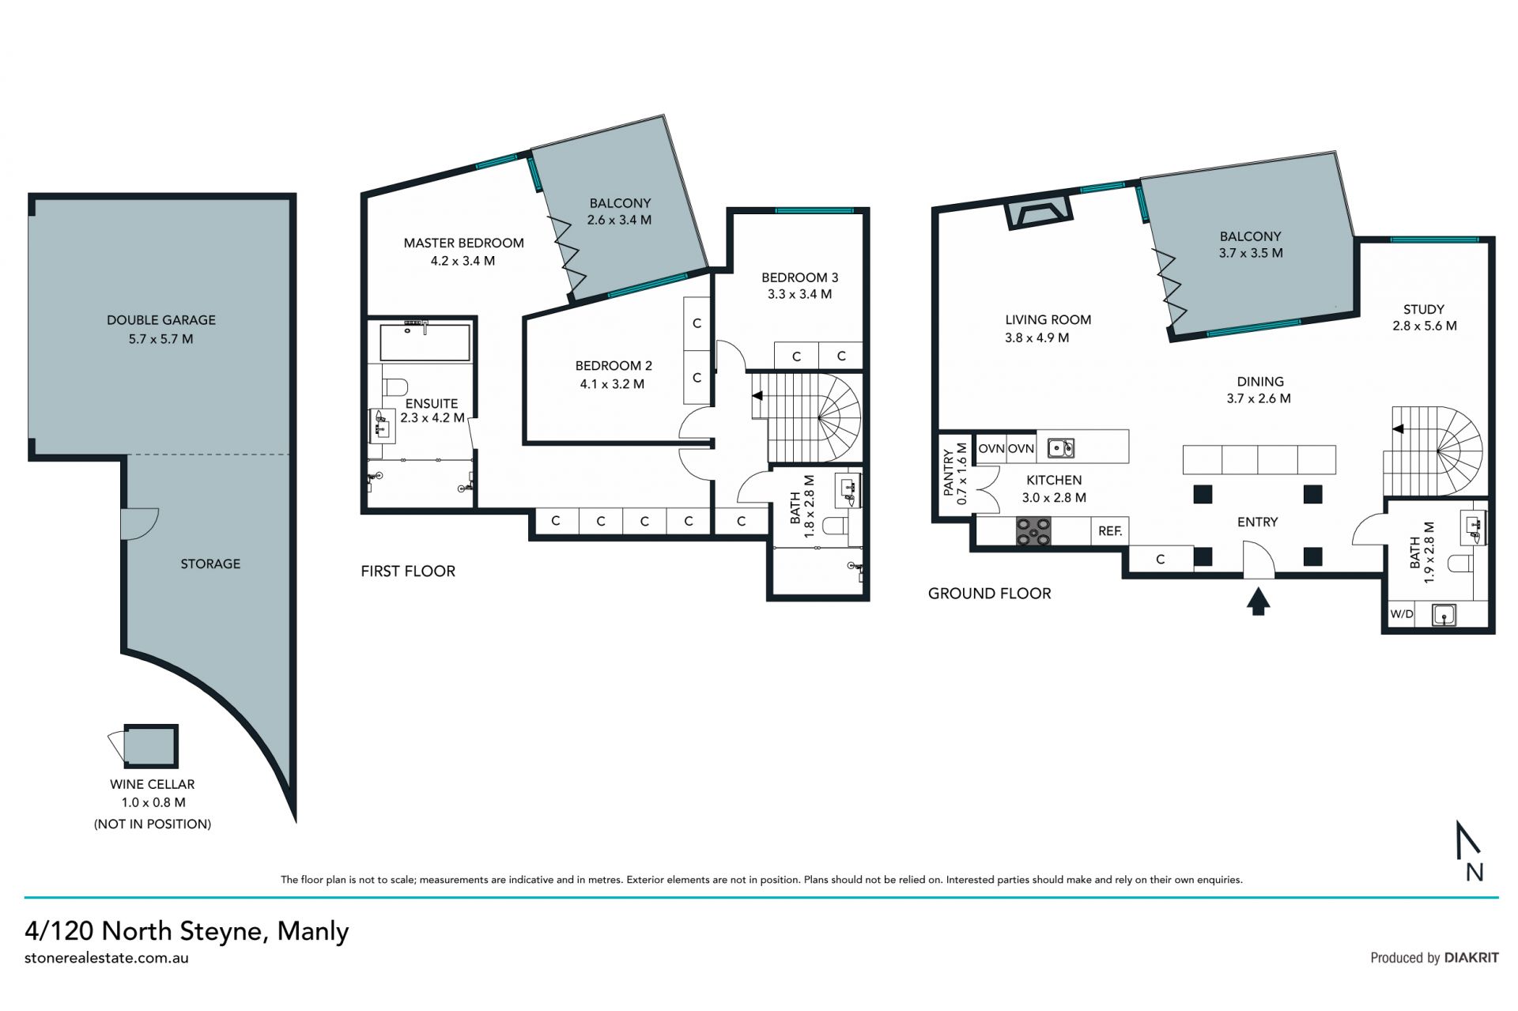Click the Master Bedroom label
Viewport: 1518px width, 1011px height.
463,243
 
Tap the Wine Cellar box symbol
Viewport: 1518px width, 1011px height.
150,745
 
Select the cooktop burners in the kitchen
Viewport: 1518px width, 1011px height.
1033,530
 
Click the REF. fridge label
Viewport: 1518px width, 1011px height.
1110,531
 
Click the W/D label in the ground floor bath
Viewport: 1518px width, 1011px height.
1402,614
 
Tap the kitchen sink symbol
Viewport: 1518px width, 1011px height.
1061,448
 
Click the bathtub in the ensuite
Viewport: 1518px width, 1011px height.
425,341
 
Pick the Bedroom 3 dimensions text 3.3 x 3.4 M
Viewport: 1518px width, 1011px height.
799,294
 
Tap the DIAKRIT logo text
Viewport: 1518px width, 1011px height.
1471,957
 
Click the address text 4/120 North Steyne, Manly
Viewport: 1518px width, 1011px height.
187,931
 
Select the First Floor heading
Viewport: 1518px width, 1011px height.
408,571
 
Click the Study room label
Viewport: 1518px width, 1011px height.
1424,309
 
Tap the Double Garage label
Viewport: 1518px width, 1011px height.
161,320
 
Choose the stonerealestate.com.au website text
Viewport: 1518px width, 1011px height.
107,958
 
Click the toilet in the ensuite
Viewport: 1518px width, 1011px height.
395,387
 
